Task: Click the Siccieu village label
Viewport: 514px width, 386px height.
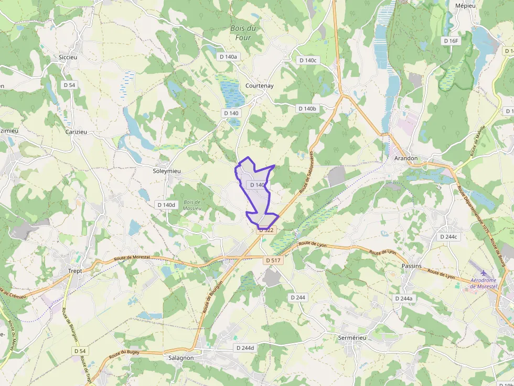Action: (x=68, y=58)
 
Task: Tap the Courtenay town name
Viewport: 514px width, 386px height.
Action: (x=260, y=86)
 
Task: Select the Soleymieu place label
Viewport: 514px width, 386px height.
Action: (x=166, y=171)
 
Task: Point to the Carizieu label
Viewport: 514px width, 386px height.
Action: (x=76, y=132)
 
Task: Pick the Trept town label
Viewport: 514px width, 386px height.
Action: (x=76, y=271)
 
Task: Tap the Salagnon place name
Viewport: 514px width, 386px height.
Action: (x=181, y=358)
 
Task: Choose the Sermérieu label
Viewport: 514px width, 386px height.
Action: (x=352, y=338)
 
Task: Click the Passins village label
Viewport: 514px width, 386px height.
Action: (x=411, y=266)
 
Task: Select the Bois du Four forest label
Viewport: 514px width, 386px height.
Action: (x=243, y=33)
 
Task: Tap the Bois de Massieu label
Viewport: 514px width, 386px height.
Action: (x=192, y=205)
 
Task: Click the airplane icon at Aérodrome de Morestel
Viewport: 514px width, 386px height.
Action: (x=484, y=273)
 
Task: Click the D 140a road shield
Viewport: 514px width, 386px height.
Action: (x=228, y=57)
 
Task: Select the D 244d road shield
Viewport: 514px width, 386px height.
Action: (x=245, y=348)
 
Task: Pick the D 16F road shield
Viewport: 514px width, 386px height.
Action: (x=451, y=40)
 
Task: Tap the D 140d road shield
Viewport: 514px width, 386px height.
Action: (x=166, y=205)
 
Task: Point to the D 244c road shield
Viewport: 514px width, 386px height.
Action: (x=448, y=237)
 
